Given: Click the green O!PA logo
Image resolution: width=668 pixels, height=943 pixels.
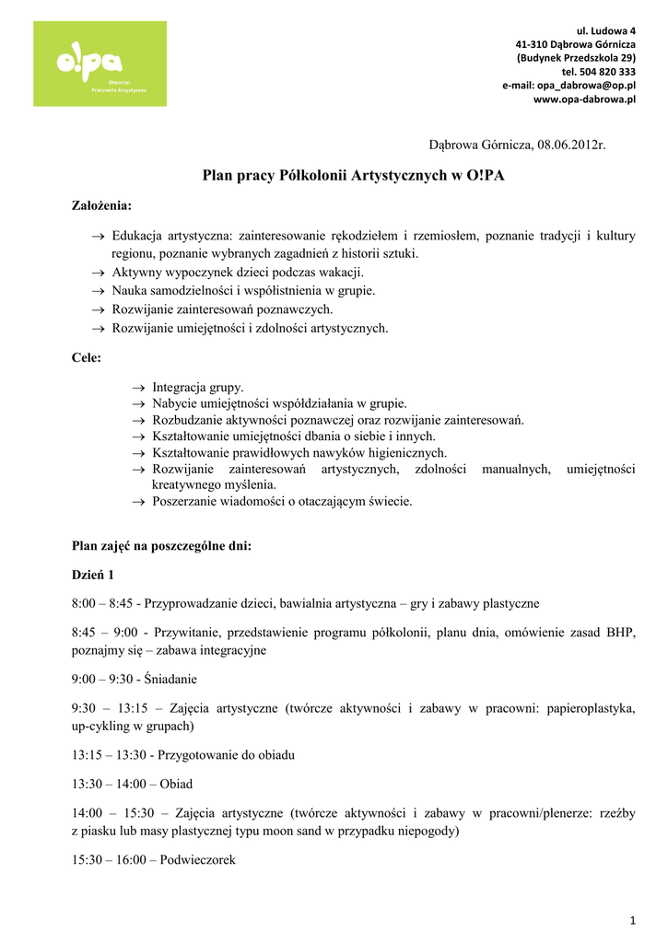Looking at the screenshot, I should tap(100, 64).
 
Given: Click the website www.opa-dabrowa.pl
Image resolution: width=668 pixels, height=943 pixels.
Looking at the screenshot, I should tap(585, 99).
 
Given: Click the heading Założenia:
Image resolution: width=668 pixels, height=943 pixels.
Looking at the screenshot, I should tap(101, 204).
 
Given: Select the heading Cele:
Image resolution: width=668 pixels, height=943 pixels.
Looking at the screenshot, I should tap(87, 357).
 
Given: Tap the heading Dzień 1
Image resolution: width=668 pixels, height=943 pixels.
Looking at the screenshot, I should tap(93, 575).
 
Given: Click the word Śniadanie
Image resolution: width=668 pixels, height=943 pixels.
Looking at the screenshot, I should tap(170, 679).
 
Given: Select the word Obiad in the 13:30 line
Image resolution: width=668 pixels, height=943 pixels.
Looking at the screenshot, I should tap(176, 784).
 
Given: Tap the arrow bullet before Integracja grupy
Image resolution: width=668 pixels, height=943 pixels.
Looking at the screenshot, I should tap(139, 389).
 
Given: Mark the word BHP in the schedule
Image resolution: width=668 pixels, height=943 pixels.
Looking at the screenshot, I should tap(622, 633).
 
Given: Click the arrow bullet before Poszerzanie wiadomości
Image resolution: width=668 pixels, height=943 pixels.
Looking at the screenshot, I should tap(139, 502).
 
